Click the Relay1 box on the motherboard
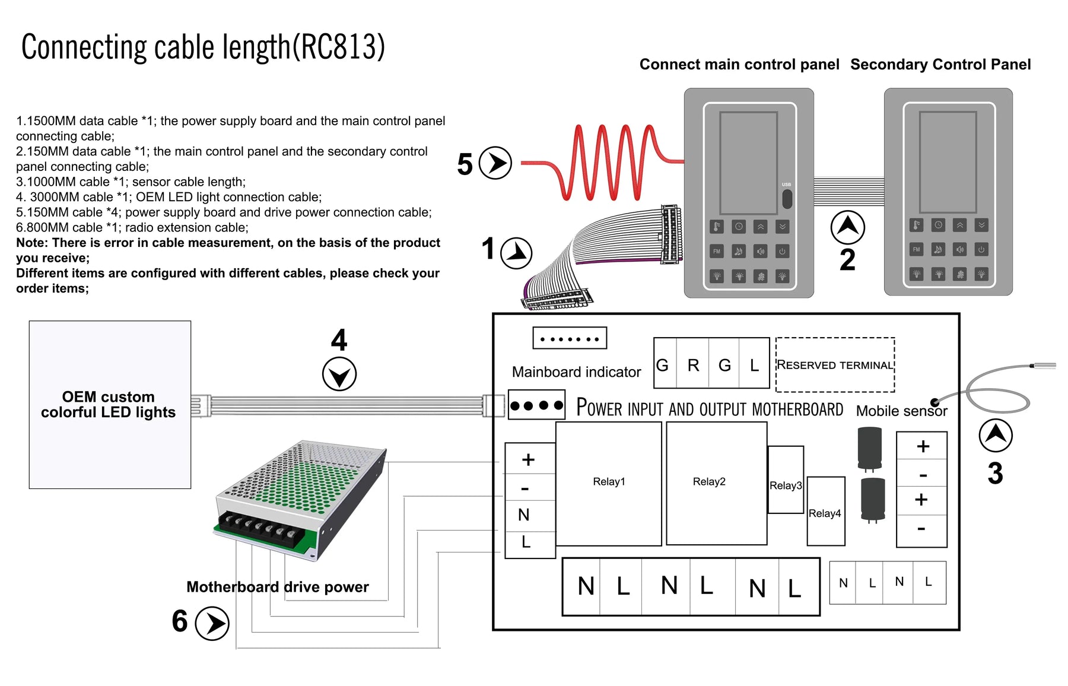[x=609, y=483]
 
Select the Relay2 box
[x=716, y=483]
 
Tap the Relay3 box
[x=786, y=480]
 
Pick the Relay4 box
[x=825, y=511]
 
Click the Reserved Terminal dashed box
[x=835, y=365]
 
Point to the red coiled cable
[x=605, y=162]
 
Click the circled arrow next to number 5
[x=495, y=163]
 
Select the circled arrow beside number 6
[x=212, y=623]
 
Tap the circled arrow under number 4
[x=339, y=374]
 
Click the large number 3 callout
[x=995, y=474]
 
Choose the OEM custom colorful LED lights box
[x=110, y=405]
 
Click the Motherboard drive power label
[x=278, y=587]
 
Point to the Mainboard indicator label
[x=576, y=372]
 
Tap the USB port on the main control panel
[x=787, y=199]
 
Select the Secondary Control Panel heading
[x=940, y=64]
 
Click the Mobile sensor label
[x=901, y=411]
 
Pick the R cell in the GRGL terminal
[x=693, y=366]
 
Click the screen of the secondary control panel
[x=948, y=162]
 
